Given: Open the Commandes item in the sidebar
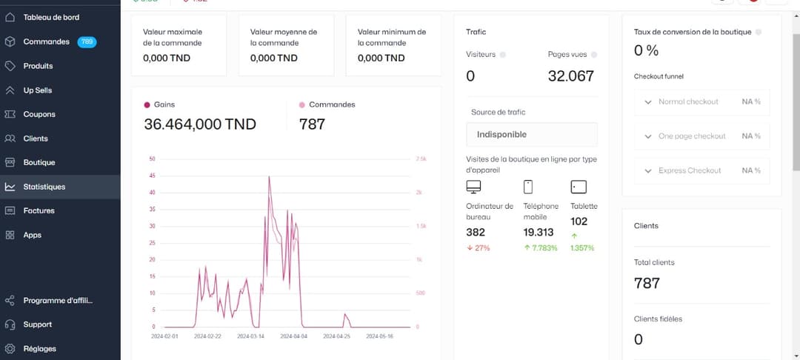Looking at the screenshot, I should tap(46, 42).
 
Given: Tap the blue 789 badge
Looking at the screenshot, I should tap(87, 42).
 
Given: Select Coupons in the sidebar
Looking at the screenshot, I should tap(39, 114).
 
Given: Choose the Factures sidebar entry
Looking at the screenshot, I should tap(39, 211).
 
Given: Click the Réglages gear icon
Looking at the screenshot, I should tap(10, 348).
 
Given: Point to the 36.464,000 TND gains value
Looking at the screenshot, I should tap(200, 124).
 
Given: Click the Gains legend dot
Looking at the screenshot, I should tap(147, 105).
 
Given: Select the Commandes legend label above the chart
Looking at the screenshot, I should tap(332, 105).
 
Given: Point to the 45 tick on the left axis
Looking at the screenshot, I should tap(153, 176).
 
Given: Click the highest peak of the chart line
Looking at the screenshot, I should tap(269, 177).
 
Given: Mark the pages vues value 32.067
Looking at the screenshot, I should tap(570, 76).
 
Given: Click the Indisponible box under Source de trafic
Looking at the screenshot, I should tap(531, 135).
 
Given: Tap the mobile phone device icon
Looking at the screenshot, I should tap(528, 187).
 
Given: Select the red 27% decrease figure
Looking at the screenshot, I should tap(479, 248).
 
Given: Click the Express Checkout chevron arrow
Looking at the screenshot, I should tap(648, 171).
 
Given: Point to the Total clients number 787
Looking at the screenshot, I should tap(647, 283).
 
